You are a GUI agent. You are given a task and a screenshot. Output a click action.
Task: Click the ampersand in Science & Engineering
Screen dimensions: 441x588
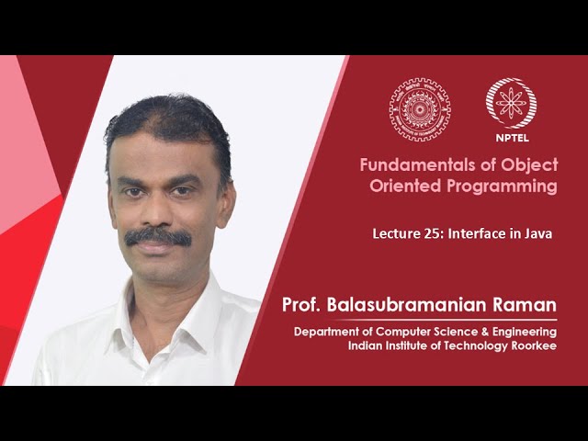(482, 331)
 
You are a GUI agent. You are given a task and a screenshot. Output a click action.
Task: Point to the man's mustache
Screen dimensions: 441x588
(158, 237)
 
